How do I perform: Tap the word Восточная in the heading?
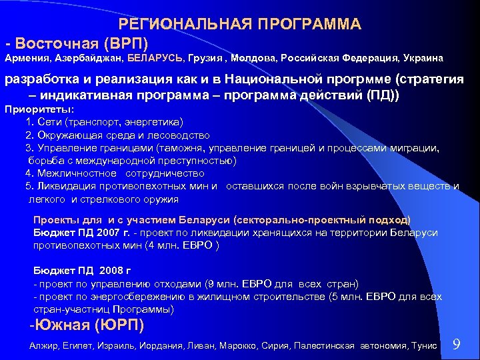click(57, 43)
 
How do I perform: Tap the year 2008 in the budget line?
click(111, 271)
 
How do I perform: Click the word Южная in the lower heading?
click(60, 326)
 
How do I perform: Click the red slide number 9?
click(457, 344)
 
